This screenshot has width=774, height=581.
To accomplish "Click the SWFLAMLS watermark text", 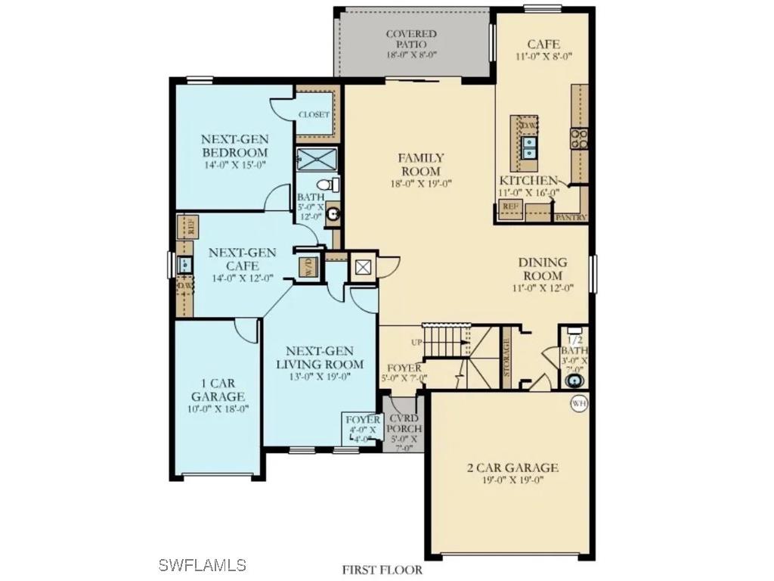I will tap(203, 564).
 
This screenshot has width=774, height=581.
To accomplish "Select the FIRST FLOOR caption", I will tap(382, 570).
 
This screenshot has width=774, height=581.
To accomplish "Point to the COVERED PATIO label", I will tap(411, 45).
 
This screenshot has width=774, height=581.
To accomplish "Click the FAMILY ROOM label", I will tap(422, 170).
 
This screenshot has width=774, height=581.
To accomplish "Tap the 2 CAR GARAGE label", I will tap(512, 473).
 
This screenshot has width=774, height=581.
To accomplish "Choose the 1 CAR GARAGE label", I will tap(218, 396).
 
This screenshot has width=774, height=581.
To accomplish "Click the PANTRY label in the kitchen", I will tap(571, 217).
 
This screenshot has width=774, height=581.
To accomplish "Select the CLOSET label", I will tap(314, 114).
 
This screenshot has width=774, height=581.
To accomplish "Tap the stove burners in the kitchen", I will tap(580, 138).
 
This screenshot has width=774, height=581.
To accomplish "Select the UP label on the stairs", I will tap(416, 343).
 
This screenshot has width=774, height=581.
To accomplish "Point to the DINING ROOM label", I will tap(542, 275).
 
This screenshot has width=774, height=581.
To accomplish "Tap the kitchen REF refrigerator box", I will tap(510, 207).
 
